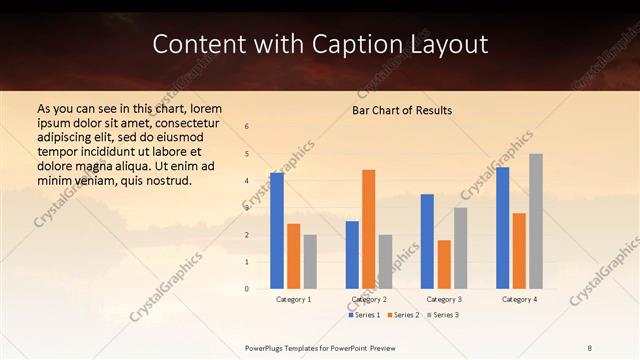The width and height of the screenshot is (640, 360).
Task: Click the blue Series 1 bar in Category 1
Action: (277, 231)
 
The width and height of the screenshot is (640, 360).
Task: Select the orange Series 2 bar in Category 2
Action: (368, 229)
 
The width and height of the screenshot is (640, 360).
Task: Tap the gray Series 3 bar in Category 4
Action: (536, 221)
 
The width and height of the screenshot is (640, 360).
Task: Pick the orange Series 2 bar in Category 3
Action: (444, 264)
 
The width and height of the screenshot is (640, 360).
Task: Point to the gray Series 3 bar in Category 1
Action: (310, 262)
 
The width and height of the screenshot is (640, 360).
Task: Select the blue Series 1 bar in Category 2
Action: (352, 255)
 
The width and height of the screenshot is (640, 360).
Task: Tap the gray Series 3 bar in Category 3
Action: (460, 248)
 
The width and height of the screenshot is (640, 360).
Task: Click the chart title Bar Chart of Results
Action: (402, 110)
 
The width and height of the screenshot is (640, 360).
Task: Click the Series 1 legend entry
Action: (364, 315)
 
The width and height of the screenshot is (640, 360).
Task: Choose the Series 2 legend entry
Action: (403, 315)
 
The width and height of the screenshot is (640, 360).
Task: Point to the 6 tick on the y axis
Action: (247, 126)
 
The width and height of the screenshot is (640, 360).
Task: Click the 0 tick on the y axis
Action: (247, 289)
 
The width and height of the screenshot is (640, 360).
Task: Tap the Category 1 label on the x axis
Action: (293, 299)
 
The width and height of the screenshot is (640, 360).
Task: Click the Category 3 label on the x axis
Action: (444, 299)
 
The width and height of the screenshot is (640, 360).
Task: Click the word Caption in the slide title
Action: (370, 44)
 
